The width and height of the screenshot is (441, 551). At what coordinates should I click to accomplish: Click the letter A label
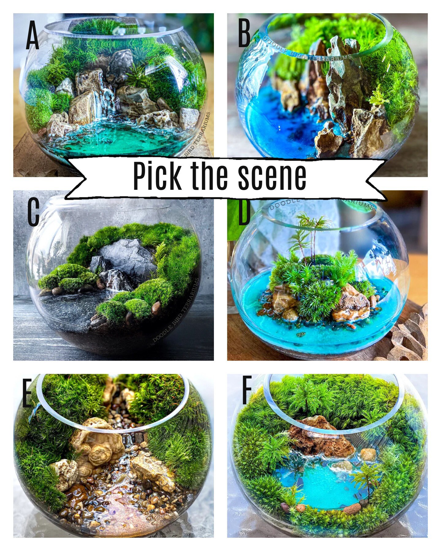pos(32,37)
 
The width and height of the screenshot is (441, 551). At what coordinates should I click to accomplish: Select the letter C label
pos(33,212)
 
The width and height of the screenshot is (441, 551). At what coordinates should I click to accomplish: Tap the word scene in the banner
pos(272,177)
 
